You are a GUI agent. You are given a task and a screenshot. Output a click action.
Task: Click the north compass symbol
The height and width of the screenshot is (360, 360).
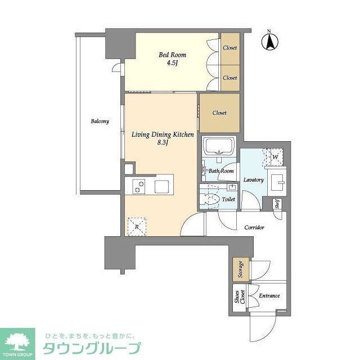pyautogui.click(x=270, y=40)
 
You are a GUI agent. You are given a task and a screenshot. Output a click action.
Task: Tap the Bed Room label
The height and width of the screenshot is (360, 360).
pyautogui.click(x=172, y=55)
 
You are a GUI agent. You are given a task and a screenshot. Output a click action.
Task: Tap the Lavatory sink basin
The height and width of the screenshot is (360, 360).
pyautogui.click(x=278, y=183)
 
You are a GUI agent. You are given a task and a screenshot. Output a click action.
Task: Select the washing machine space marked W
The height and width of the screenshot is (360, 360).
pyautogui.click(x=276, y=157)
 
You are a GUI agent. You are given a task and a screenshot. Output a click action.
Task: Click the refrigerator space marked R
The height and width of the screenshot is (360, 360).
pyautogui.click(x=136, y=226)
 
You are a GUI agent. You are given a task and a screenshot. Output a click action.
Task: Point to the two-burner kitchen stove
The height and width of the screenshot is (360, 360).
pyautogui.click(x=138, y=185)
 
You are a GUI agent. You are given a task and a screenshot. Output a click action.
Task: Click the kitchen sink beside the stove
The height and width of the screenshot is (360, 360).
pyautogui.click(x=163, y=185)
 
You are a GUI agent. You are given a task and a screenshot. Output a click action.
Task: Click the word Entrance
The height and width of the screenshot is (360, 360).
pyautogui.click(x=269, y=296)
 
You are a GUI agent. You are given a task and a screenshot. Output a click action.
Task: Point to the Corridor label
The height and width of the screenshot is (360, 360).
pyautogui.click(x=254, y=228)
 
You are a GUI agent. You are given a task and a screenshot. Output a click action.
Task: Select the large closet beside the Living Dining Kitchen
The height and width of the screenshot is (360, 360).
pyautogui.click(x=219, y=113)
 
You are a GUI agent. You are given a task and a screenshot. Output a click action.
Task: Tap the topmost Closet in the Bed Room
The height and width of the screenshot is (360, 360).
pyautogui.click(x=229, y=48)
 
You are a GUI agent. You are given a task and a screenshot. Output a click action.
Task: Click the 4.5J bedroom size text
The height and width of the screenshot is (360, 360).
pyautogui.click(x=172, y=63)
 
